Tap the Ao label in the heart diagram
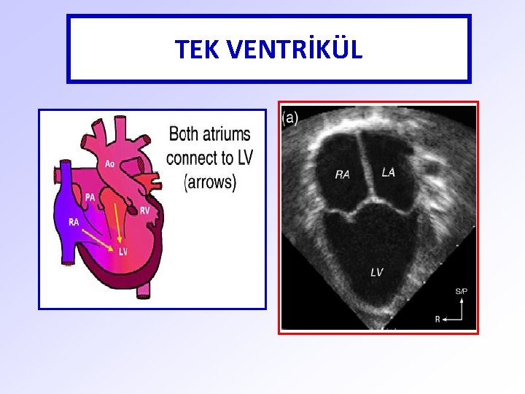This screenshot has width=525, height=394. pyautogui.click(x=109, y=164)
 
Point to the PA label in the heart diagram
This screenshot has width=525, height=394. pyautogui.click(x=90, y=197)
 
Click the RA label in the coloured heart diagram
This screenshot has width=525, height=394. pyautogui.click(x=74, y=223)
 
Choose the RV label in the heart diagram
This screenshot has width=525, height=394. pyautogui.click(x=145, y=211)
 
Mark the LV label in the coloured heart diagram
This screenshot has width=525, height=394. pyautogui.click(x=122, y=252)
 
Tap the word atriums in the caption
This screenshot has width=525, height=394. pyautogui.click(x=227, y=134)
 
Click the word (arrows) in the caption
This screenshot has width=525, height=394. pyautogui.click(x=211, y=182)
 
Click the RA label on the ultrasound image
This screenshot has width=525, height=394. pyautogui.click(x=342, y=174)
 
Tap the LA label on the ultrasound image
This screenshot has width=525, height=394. pyautogui.click(x=389, y=171)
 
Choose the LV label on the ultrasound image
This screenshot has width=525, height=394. pyautogui.click(x=376, y=272)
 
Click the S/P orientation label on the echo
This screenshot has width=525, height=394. pyautogui.click(x=461, y=292)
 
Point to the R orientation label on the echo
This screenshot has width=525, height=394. pyautogui.click(x=437, y=319)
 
